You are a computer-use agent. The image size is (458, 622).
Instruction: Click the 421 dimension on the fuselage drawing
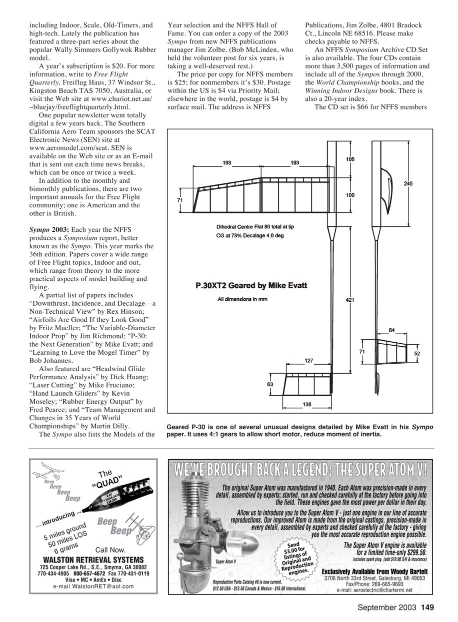(350, 300)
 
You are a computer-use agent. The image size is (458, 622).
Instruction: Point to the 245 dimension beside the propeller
(408, 184)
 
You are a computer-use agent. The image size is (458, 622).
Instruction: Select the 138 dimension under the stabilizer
(307, 404)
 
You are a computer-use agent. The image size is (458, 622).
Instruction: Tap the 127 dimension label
(309, 360)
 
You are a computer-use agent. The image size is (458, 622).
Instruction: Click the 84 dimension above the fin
(392, 330)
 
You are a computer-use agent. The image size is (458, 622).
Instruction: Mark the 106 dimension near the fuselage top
(350, 159)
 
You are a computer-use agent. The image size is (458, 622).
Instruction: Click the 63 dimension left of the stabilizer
(270, 384)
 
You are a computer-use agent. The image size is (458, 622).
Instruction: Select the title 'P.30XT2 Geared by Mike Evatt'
(251, 286)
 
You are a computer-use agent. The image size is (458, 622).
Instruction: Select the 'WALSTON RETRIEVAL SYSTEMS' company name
(93, 560)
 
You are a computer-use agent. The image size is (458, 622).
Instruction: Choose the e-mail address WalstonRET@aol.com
(93, 586)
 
